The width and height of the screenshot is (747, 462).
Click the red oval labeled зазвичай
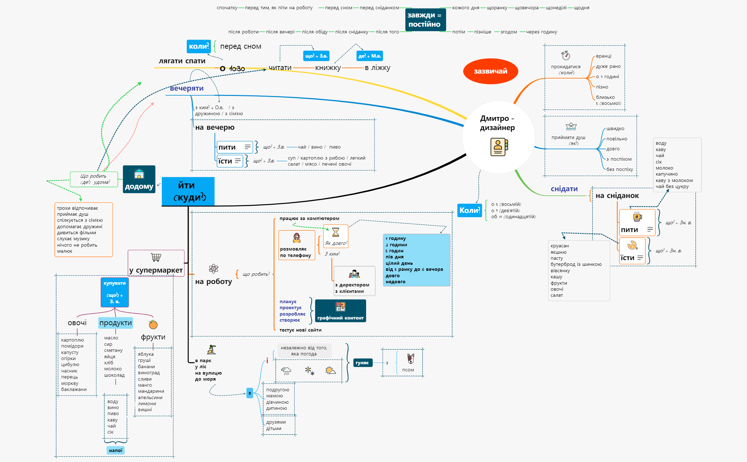coord(490,71)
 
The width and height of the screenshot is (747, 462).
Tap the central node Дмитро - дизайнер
coord(498,137)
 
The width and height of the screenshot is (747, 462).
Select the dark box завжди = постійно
coord(425,20)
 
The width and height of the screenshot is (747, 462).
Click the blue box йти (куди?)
coord(188,191)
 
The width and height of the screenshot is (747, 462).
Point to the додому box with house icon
coord(139,179)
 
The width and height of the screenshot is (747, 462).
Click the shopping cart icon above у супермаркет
coord(156,257)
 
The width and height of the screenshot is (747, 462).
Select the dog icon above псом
coord(410,359)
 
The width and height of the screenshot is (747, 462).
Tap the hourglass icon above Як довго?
coord(335,232)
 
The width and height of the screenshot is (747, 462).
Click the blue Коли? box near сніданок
coord(470,210)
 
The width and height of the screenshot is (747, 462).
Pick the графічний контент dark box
coord(340,311)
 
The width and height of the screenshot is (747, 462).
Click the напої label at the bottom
coord(116,450)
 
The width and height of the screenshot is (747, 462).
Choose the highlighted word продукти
coord(116,323)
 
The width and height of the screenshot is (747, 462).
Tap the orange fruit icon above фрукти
coord(153,324)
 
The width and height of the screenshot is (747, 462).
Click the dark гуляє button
coord(362,362)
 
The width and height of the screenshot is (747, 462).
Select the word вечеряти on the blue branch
coord(187,88)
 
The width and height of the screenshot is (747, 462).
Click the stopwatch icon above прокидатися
coord(566,55)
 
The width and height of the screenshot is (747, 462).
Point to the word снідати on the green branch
coord(564,189)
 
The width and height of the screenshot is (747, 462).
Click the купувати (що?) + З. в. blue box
coord(115,292)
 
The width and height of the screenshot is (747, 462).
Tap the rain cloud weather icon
coord(286,371)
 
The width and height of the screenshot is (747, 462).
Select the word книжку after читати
coord(328,68)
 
